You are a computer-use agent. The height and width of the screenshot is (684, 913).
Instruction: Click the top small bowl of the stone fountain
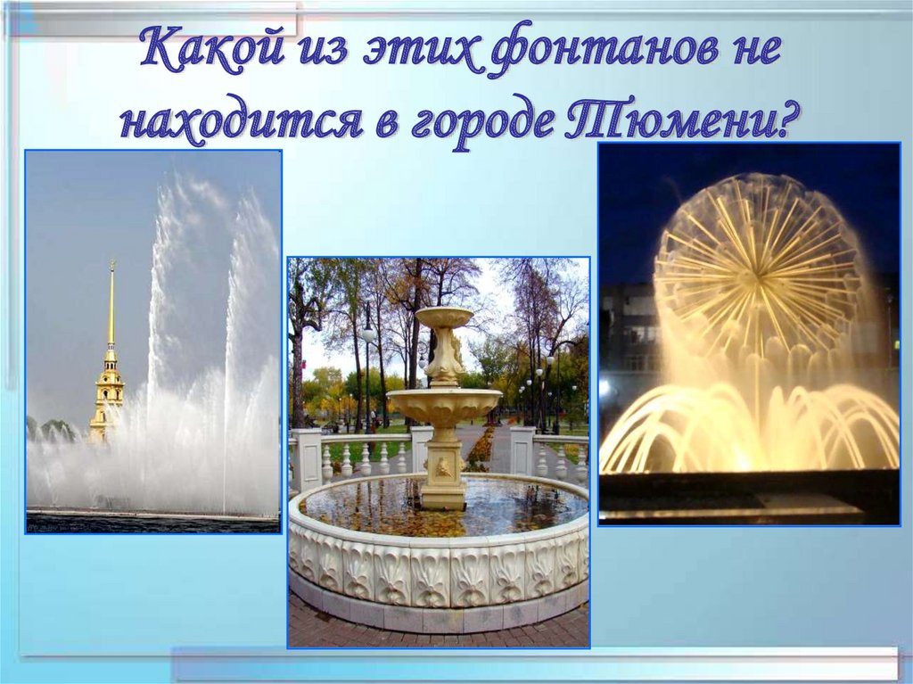click(x=444, y=317)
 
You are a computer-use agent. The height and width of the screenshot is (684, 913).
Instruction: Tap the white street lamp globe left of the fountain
click(x=368, y=334)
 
